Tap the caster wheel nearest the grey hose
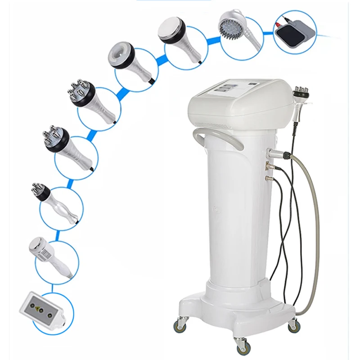pos(293,325)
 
